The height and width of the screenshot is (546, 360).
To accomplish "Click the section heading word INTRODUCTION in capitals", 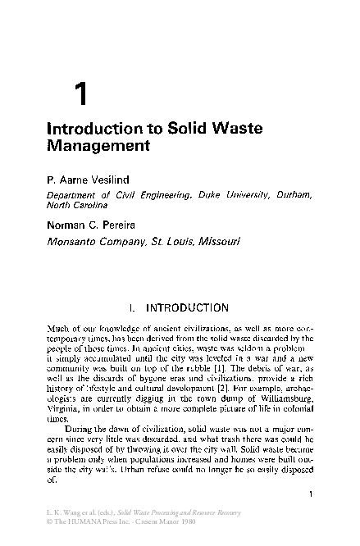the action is [x=187, y=309].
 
